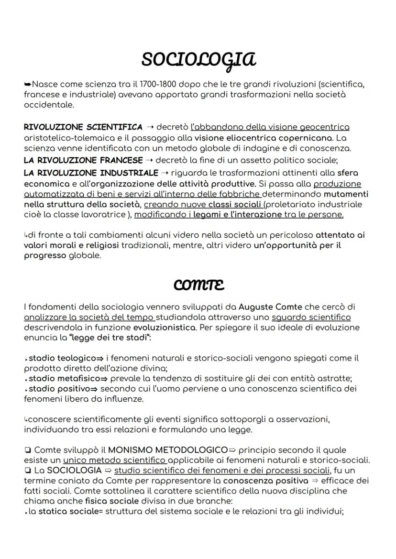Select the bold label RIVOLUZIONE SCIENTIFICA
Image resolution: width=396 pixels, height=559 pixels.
tap(83, 127)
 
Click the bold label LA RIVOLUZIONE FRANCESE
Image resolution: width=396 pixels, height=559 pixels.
tap(83, 160)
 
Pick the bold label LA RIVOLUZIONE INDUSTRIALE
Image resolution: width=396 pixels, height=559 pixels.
tap(91, 173)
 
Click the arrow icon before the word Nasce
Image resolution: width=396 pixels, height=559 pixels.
tap(28, 85)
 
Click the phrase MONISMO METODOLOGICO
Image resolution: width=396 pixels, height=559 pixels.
tap(168, 450)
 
